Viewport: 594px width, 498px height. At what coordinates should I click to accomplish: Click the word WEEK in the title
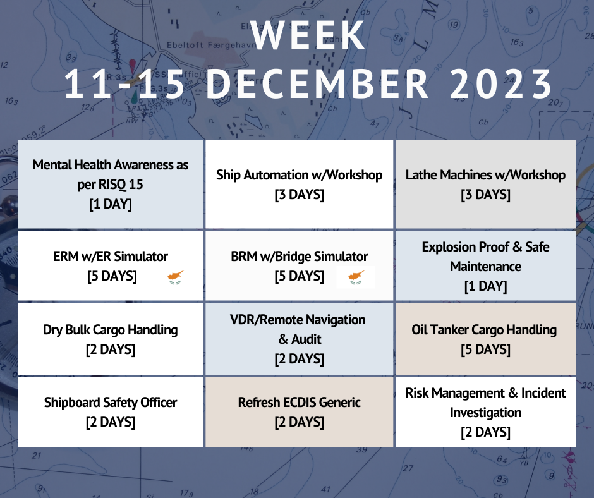308,35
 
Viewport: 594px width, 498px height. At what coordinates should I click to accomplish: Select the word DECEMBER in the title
317,84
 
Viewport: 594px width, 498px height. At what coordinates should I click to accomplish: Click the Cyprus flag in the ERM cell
176,277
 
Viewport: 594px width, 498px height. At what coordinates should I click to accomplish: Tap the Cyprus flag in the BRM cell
356,277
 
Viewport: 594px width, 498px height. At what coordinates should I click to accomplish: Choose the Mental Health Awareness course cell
111,185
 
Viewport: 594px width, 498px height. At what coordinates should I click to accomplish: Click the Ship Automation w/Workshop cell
300,185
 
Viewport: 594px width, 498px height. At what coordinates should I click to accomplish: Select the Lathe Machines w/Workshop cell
486,185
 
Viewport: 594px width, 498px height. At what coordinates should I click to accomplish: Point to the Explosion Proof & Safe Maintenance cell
486,266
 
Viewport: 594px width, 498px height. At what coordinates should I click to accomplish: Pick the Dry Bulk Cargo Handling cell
111,339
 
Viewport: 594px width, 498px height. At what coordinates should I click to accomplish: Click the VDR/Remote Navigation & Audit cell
300,339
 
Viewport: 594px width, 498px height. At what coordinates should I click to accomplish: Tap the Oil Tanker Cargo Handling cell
486,339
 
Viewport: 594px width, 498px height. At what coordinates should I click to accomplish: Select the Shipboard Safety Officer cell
111,411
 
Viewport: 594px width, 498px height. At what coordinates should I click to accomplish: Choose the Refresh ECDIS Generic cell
300,411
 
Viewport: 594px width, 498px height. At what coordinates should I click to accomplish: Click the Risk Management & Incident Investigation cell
486,411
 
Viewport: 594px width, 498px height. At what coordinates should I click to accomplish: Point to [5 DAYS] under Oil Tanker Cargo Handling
486,349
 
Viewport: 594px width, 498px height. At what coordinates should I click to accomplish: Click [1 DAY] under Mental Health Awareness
111,204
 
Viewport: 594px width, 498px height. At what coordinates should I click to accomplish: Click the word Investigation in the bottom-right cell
486,412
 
